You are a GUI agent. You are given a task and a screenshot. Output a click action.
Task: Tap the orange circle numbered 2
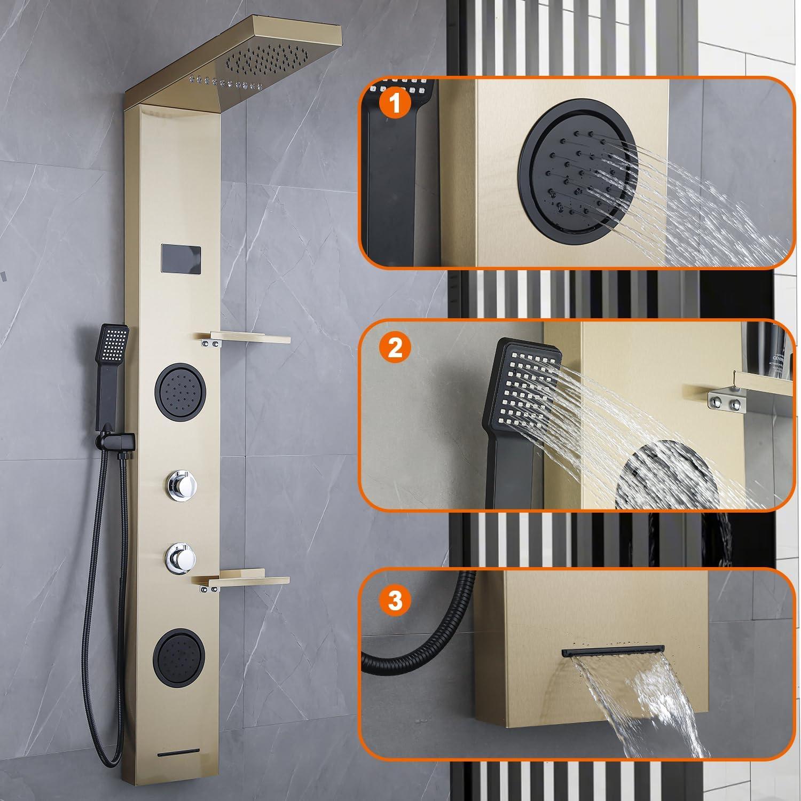(395, 349)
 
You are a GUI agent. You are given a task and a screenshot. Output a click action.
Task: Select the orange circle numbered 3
(395, 600)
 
